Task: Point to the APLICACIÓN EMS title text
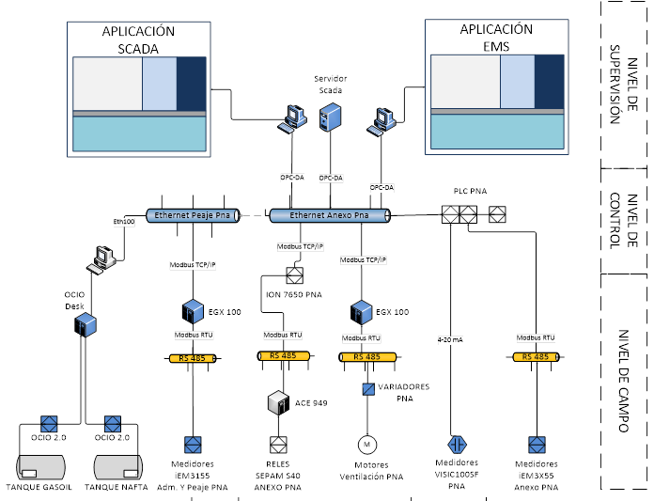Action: [495, 38]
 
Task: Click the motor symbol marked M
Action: [367, 443]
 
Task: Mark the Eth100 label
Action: [124, 222]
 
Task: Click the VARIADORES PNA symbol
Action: [368, 388]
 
